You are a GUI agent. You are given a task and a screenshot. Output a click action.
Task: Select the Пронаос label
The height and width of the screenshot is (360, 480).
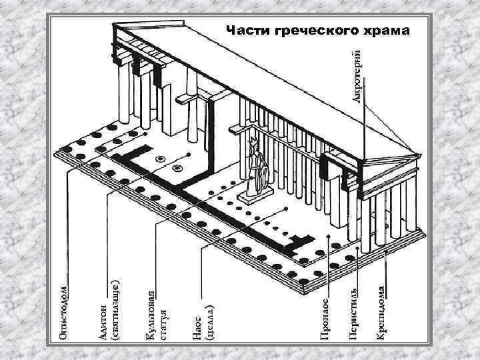323,320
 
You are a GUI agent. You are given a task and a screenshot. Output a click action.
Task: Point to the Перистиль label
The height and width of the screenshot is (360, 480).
353,317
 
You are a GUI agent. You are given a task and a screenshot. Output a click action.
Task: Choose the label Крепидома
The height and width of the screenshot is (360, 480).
380,313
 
